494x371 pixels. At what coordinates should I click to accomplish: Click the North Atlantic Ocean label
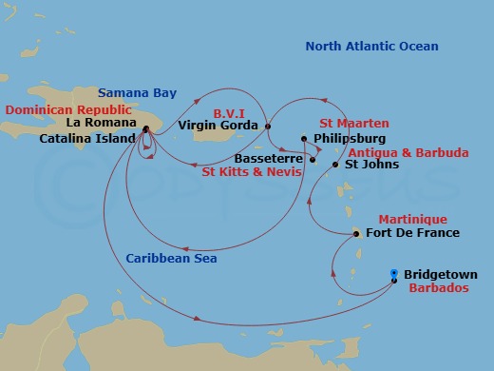tap(372, 47)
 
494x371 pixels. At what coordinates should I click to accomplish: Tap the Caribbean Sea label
tap(172, 258)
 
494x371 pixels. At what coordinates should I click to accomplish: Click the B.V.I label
tap(230, 109)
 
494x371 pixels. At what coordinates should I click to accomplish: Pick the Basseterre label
tap(271, 159)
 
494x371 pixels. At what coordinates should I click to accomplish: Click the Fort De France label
tap(411, 233)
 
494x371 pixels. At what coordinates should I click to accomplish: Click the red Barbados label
tap(437, 288)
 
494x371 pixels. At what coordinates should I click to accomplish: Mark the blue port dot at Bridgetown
tap(394, 274)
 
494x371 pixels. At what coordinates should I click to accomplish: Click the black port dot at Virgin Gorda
tap(268, 127)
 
